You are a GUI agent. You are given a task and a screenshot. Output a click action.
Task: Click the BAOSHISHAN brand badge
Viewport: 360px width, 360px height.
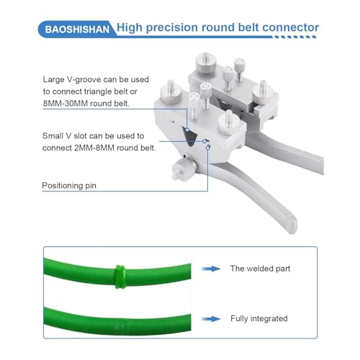point(77,30)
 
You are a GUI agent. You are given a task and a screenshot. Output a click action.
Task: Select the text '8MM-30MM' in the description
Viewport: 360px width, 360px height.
point(62,104)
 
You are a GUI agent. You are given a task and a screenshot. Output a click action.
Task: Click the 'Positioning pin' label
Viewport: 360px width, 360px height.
point(69,186)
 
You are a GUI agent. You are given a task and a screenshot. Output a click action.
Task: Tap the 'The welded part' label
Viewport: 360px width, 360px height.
point(260,269)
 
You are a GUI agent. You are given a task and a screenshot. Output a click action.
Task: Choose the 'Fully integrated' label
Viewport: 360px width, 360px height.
point(259,318)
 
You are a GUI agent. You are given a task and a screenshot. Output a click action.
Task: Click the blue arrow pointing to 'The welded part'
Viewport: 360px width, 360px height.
point(211,269)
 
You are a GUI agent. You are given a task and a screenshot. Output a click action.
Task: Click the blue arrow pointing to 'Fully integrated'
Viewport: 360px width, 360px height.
point(211,319)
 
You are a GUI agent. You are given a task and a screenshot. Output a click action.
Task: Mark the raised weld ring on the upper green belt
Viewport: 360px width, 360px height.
point(120,276)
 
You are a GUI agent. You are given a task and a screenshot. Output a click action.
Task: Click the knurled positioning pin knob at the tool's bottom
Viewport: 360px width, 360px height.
point(184,168)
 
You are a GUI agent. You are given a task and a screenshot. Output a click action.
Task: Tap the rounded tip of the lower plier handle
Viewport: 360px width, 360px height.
point(292,225)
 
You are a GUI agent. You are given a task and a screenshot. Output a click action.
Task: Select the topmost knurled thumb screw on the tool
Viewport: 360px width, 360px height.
point(206,62)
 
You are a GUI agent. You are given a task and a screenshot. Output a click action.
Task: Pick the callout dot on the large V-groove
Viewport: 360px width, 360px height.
point(187,130)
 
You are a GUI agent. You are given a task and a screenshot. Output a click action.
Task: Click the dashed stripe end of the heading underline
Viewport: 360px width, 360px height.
point(294,37)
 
